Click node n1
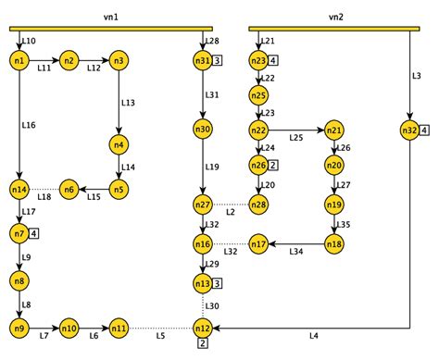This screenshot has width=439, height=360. (19, 61)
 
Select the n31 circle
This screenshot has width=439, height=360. (203, 61)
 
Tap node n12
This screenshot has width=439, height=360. (203, 328)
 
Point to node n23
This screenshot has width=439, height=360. (258, 61)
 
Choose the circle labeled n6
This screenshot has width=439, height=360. (69, 189)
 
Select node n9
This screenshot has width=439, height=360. (19, 328)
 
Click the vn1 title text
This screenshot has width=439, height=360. (110, 17)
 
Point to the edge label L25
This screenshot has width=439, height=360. (296, 137)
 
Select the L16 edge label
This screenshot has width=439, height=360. (29, 123)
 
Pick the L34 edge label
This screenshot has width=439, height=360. (296, 252)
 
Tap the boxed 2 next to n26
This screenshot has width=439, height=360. (275, 165)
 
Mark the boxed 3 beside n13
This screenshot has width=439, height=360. (217, 283)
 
